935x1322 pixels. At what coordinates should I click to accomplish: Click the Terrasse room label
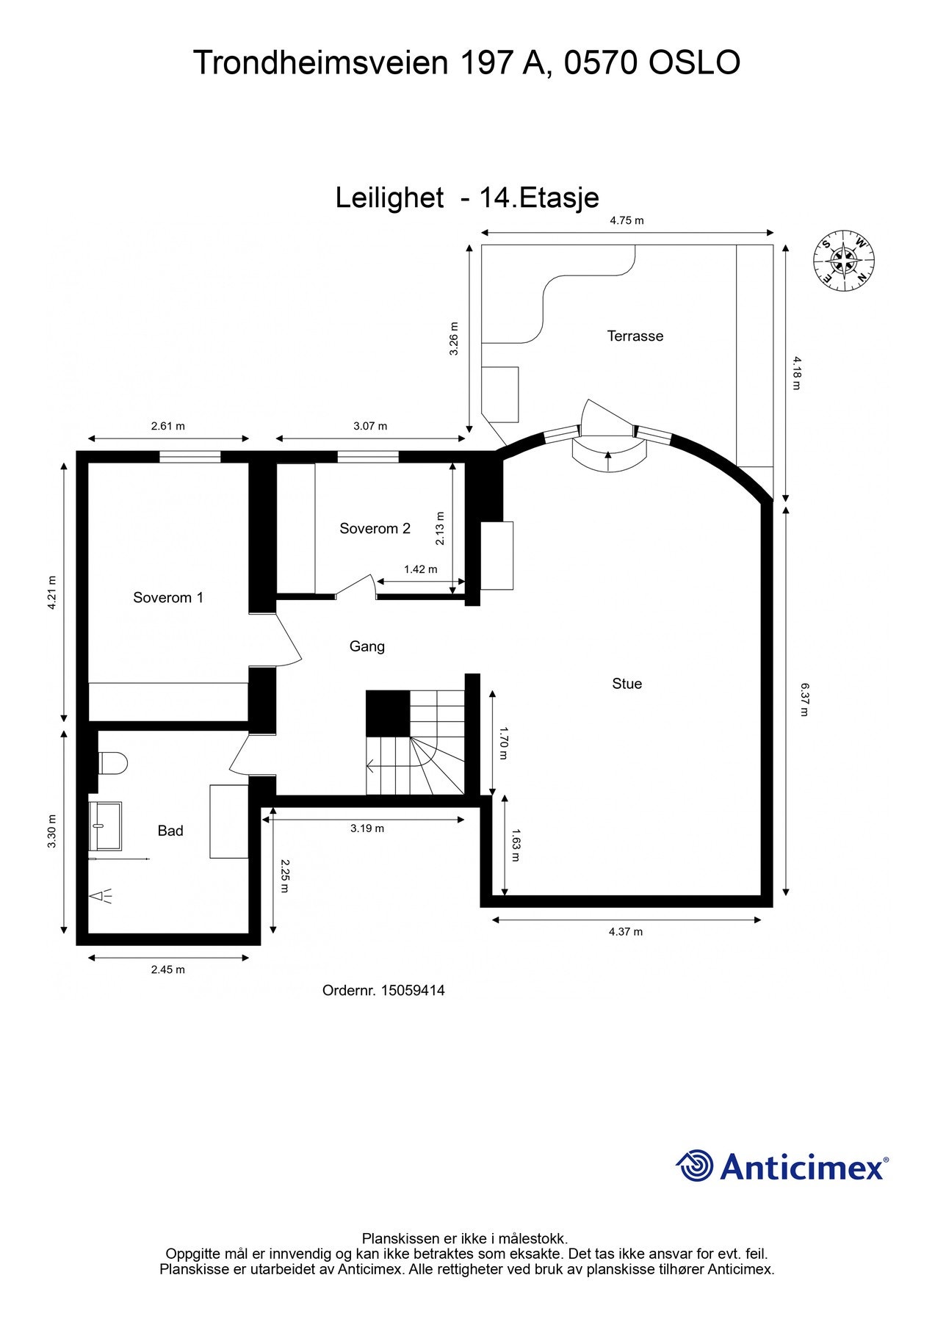pos(635,336)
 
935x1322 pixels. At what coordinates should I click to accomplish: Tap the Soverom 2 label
pos(375,528)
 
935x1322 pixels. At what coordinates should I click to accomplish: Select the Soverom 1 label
pos(167,597)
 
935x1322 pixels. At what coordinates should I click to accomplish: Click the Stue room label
pos(627,683)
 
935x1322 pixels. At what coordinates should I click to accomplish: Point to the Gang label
pos(367,646)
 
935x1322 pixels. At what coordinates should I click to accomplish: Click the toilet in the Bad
pos(112,763)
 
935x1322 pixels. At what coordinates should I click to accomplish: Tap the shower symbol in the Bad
pos(101,896)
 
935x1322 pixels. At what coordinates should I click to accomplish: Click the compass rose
pos(844,260)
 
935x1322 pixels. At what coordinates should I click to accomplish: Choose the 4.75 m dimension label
pos(627,220)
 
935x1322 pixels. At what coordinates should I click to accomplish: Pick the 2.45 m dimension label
pos(167,969)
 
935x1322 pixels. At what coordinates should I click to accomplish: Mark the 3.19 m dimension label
pos(367,828)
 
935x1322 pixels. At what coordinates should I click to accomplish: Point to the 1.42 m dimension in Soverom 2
pos(420,569)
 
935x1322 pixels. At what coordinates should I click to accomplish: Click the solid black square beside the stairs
pos(388,712)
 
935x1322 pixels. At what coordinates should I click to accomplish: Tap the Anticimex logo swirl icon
pos(695,1166)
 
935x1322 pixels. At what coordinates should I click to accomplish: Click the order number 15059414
pos(413,990)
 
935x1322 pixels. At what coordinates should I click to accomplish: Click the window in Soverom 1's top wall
pos(189,457)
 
